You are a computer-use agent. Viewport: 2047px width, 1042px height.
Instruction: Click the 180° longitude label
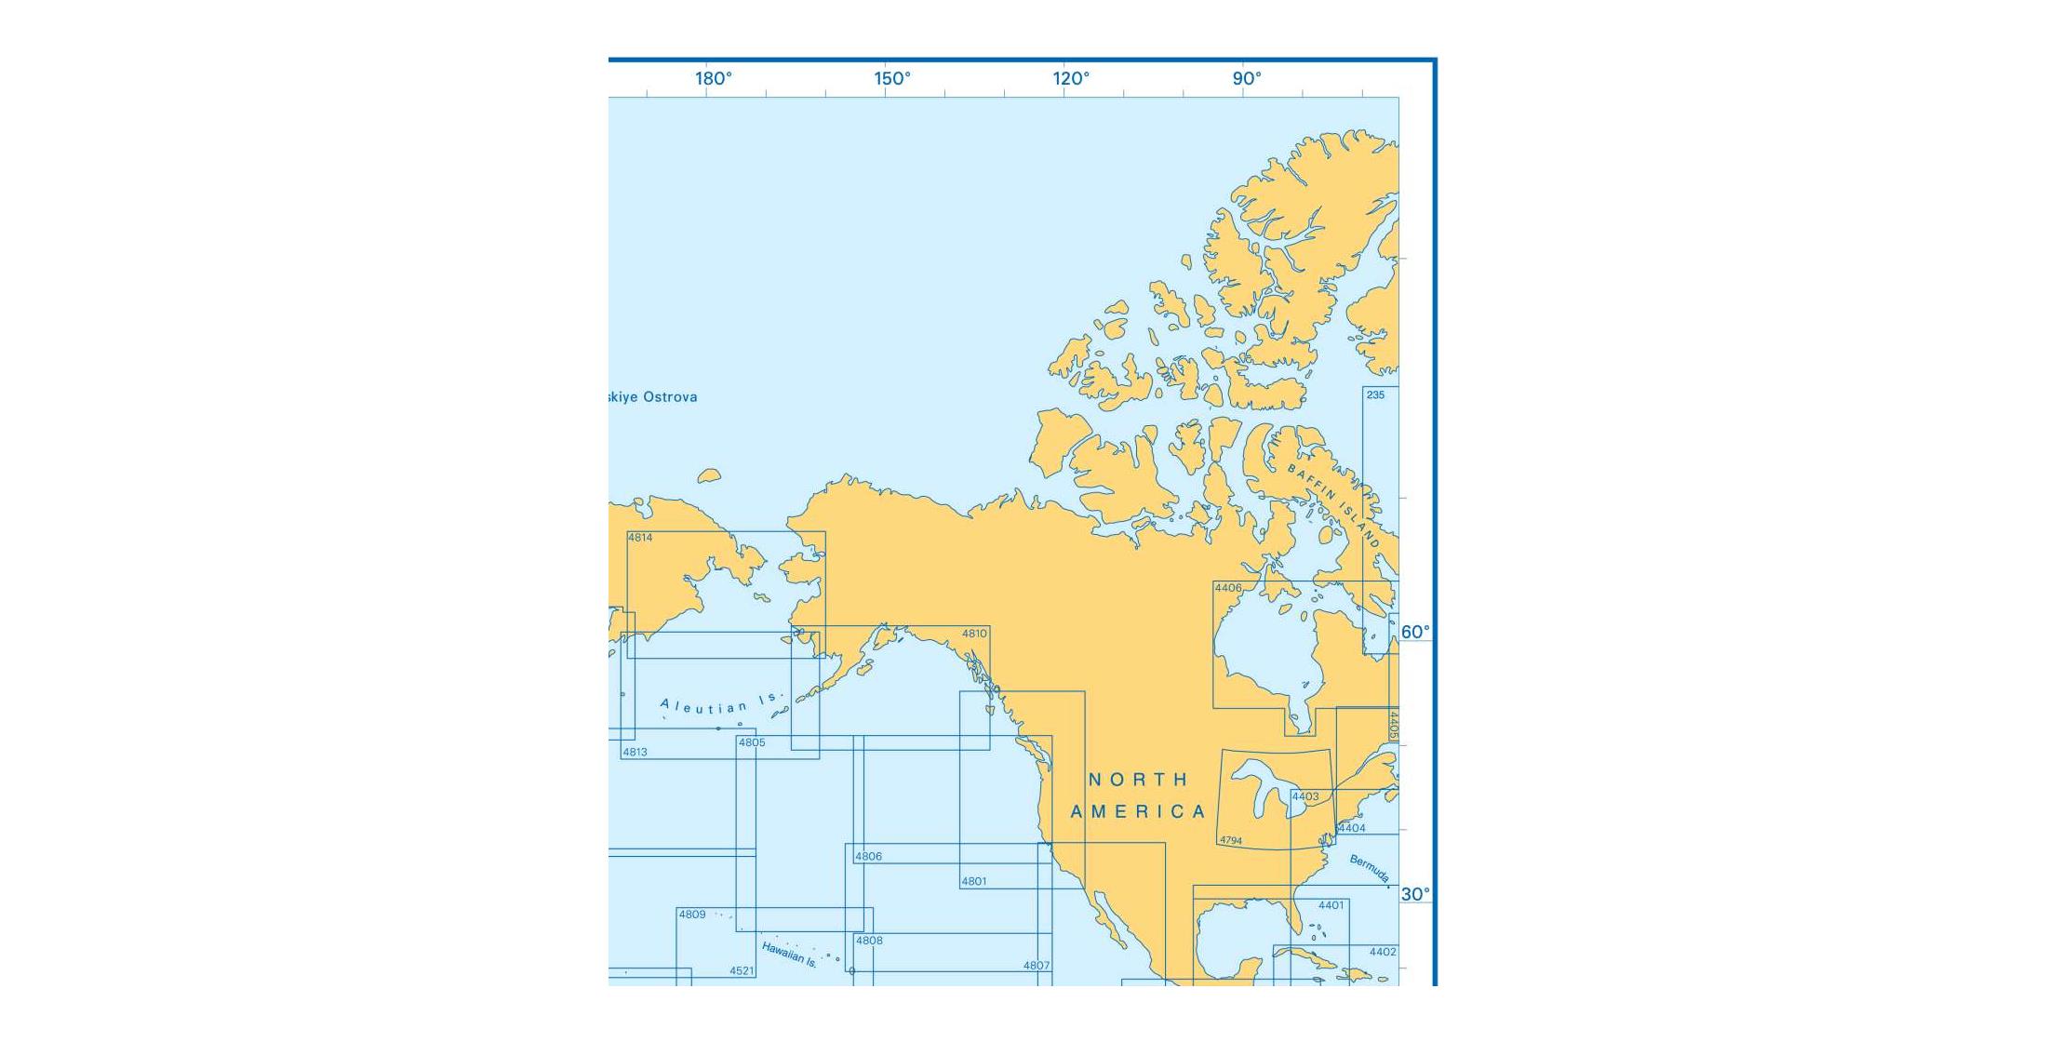point(714,79)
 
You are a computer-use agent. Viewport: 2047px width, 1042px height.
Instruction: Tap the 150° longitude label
point(892,79)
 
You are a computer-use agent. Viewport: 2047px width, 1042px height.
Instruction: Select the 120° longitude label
point(1071,79)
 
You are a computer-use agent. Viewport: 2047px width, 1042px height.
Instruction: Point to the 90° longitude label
point(1247,79)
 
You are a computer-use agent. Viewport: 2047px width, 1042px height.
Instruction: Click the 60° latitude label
point(1415,633)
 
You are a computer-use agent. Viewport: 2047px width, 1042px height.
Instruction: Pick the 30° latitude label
point(1415,895)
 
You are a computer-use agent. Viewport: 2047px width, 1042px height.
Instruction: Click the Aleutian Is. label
point(722,704)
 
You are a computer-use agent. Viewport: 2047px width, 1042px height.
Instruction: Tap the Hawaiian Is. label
point(789,955)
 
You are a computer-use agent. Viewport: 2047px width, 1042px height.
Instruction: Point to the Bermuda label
point(1370,869)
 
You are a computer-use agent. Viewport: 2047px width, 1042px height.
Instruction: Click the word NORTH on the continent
point(1139,780)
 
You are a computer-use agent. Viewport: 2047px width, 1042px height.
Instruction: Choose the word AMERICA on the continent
point(1138,812)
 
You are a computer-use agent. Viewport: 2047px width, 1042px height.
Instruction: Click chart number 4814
point(640,538)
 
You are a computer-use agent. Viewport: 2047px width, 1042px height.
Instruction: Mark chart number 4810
point(974,635)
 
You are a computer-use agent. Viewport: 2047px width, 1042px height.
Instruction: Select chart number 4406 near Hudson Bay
point(1228,588)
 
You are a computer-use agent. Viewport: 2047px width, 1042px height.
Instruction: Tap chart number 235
point(1375,395)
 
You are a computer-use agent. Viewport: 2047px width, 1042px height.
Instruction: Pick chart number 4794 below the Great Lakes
point(1231,841)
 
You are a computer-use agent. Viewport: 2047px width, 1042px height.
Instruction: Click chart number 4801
point(974,882)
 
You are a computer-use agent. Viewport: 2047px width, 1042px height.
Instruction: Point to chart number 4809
point(692,915)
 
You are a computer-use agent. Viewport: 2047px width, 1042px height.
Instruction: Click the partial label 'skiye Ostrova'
point(652,397)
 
